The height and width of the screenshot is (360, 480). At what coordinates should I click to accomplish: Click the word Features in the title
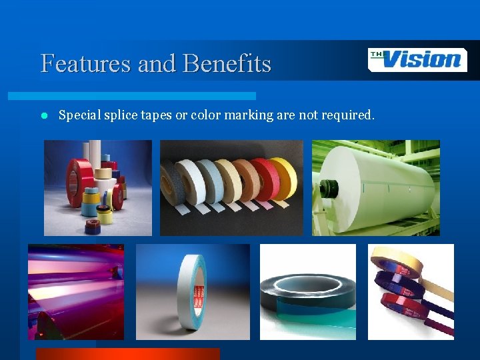[x=86, y=64]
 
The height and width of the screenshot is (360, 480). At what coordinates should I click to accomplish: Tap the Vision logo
[x=417, y=60]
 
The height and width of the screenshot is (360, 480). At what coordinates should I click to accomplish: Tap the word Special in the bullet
[x=77, y=115]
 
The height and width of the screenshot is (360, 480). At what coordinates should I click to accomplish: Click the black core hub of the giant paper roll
[x=329, y=188]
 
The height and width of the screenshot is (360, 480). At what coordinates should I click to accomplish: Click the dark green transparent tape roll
[x=303, y=293]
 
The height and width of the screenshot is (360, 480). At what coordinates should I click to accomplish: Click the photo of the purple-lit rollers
[x=75, y=291]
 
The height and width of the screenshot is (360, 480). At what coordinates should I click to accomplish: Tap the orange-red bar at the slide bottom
[x=127, y=354]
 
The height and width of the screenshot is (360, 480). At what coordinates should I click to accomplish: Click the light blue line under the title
[x=147, y=96]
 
